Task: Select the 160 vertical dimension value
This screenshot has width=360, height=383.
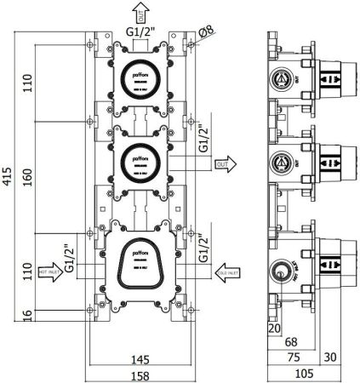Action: (x=27, y=176)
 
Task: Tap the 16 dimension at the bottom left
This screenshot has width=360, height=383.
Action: (x=27, y=315)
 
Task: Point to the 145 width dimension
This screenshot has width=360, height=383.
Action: (x=140, y=358)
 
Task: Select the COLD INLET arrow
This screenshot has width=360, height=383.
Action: (x=230, y=272)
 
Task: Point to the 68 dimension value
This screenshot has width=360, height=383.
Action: (x=290, y=342)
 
